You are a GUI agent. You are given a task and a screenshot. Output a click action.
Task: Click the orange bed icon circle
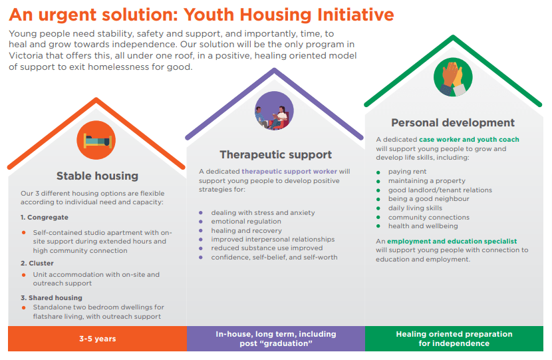[96, 140]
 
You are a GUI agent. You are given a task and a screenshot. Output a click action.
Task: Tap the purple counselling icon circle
[274, 111]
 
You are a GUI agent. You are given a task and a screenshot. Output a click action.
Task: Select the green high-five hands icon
[453, 77]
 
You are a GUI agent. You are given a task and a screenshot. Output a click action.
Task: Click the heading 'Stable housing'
[97, 176]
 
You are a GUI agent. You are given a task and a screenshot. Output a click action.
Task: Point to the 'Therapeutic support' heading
[275, 154]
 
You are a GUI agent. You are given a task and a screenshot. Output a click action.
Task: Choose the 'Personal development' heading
[453, 122]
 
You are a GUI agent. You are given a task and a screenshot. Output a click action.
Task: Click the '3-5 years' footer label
[98, 339]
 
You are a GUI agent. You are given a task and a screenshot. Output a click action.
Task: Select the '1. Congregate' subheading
[45, 218]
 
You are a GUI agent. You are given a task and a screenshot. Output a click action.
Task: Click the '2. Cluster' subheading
[37, 263]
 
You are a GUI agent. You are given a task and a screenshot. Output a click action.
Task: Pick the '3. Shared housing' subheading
[51, 297]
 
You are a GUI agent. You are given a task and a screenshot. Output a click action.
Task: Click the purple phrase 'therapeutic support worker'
[289, 172]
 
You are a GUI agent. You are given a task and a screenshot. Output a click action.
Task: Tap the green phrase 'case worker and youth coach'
[469, 140]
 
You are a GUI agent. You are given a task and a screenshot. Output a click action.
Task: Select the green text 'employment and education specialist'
[452, 242]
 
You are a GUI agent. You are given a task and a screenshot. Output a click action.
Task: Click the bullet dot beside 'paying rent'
[378, 172]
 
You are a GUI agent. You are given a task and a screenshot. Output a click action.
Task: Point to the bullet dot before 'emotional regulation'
[201, 222]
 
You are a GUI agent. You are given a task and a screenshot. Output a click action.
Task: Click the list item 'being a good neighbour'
[429, 199]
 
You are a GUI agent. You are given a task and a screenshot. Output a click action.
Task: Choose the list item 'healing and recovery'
[247, 231]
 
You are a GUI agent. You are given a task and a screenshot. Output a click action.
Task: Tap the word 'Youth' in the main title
[209, 15]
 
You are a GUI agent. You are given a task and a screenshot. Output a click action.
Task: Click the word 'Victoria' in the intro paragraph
[25, 56]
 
